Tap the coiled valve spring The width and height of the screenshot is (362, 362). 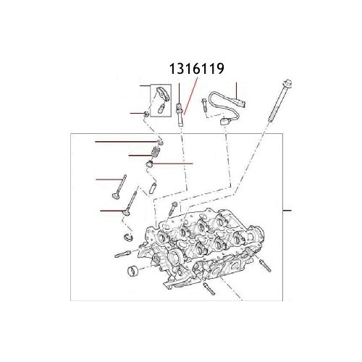point(153,153)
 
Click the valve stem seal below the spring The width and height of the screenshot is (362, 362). point(151,166)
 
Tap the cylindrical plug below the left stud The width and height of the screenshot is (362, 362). point(132,272)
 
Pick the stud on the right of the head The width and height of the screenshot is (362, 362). point(264,271)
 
